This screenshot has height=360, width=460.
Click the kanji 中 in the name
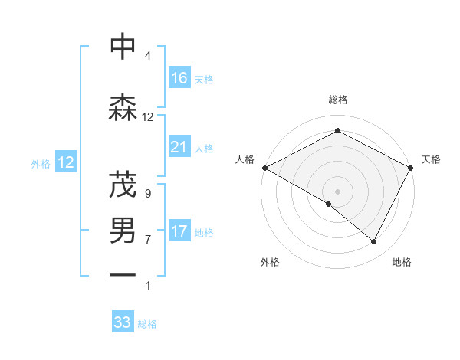click(122, 47)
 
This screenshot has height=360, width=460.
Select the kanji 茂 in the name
click(122, 185)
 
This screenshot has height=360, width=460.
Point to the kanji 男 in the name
click(122, 231)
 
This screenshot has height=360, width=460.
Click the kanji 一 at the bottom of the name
click(122, 273)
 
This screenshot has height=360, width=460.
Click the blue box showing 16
click(179, 77)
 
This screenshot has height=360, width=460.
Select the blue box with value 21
click(179, 147)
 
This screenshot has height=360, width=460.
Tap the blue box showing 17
click(179, 231)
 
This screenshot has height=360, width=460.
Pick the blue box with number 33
click(123, 322)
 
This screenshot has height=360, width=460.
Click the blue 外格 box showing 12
click(66, 162)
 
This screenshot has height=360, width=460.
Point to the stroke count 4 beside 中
click(148, 56)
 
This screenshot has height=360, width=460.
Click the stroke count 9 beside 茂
click(148, 194)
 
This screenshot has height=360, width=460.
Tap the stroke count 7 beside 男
click(148, 240)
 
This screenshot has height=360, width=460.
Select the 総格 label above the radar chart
click(338, 100)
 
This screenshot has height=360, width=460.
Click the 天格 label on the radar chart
click(432, 159)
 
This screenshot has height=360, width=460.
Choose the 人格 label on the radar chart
click(245, 159)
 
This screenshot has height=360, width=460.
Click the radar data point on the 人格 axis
click(264, 167)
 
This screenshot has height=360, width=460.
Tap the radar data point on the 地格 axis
click(374, 241)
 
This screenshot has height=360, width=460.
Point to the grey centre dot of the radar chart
click(338, 191)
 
